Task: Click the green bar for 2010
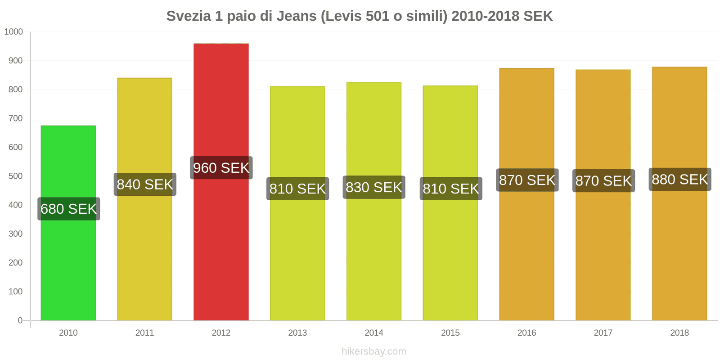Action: click(68, 261)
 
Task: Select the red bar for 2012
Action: click(221, 247)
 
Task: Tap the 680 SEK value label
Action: click(69, 209)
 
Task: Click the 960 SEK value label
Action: click(221, 168)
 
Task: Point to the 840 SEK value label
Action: click(145, 184)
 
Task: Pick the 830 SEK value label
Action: click(374, 187)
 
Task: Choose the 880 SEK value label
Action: click(680, 180)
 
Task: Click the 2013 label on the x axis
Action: click(297, 333)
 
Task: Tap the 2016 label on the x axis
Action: click(526, 333)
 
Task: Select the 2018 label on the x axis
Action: click(679, 333)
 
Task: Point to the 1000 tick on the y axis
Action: click(13, 32)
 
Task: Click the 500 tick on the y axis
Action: click(15, 176)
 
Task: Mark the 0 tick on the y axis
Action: click(20, 320)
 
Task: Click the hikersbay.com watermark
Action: click(374, 351)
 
